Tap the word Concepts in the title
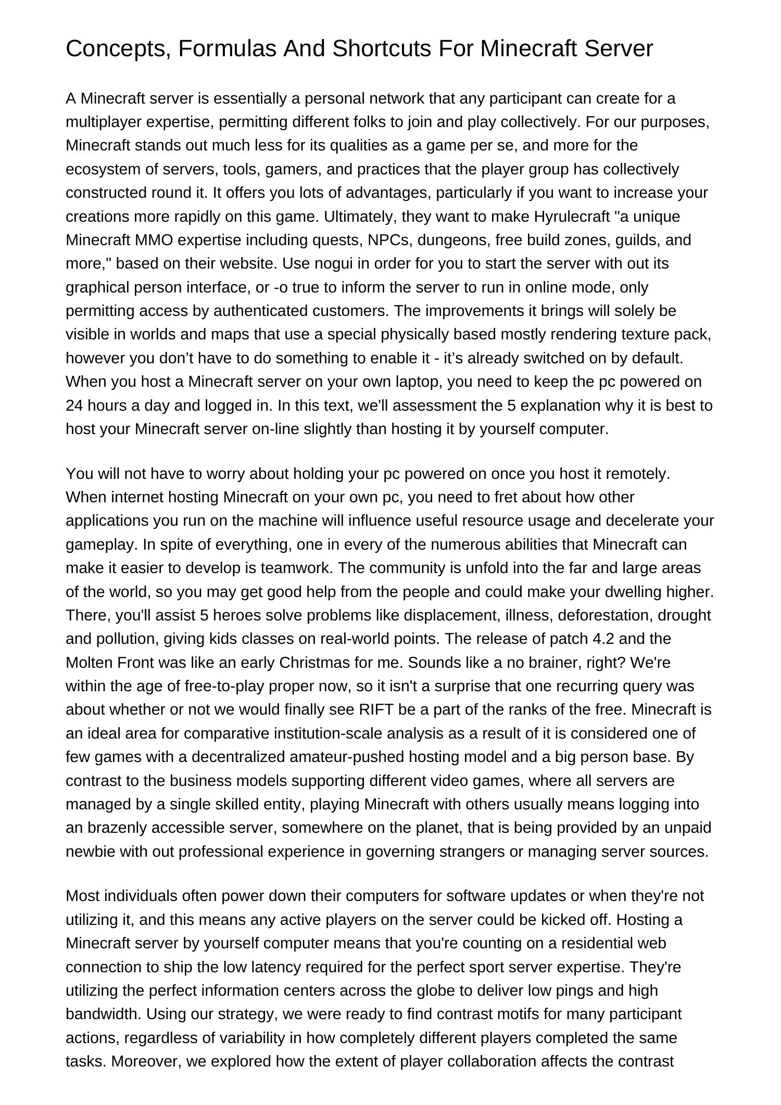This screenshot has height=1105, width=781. point(118,49)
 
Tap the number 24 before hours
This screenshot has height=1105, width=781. point(74,405)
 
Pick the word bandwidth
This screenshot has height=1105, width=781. point(103,1014)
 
